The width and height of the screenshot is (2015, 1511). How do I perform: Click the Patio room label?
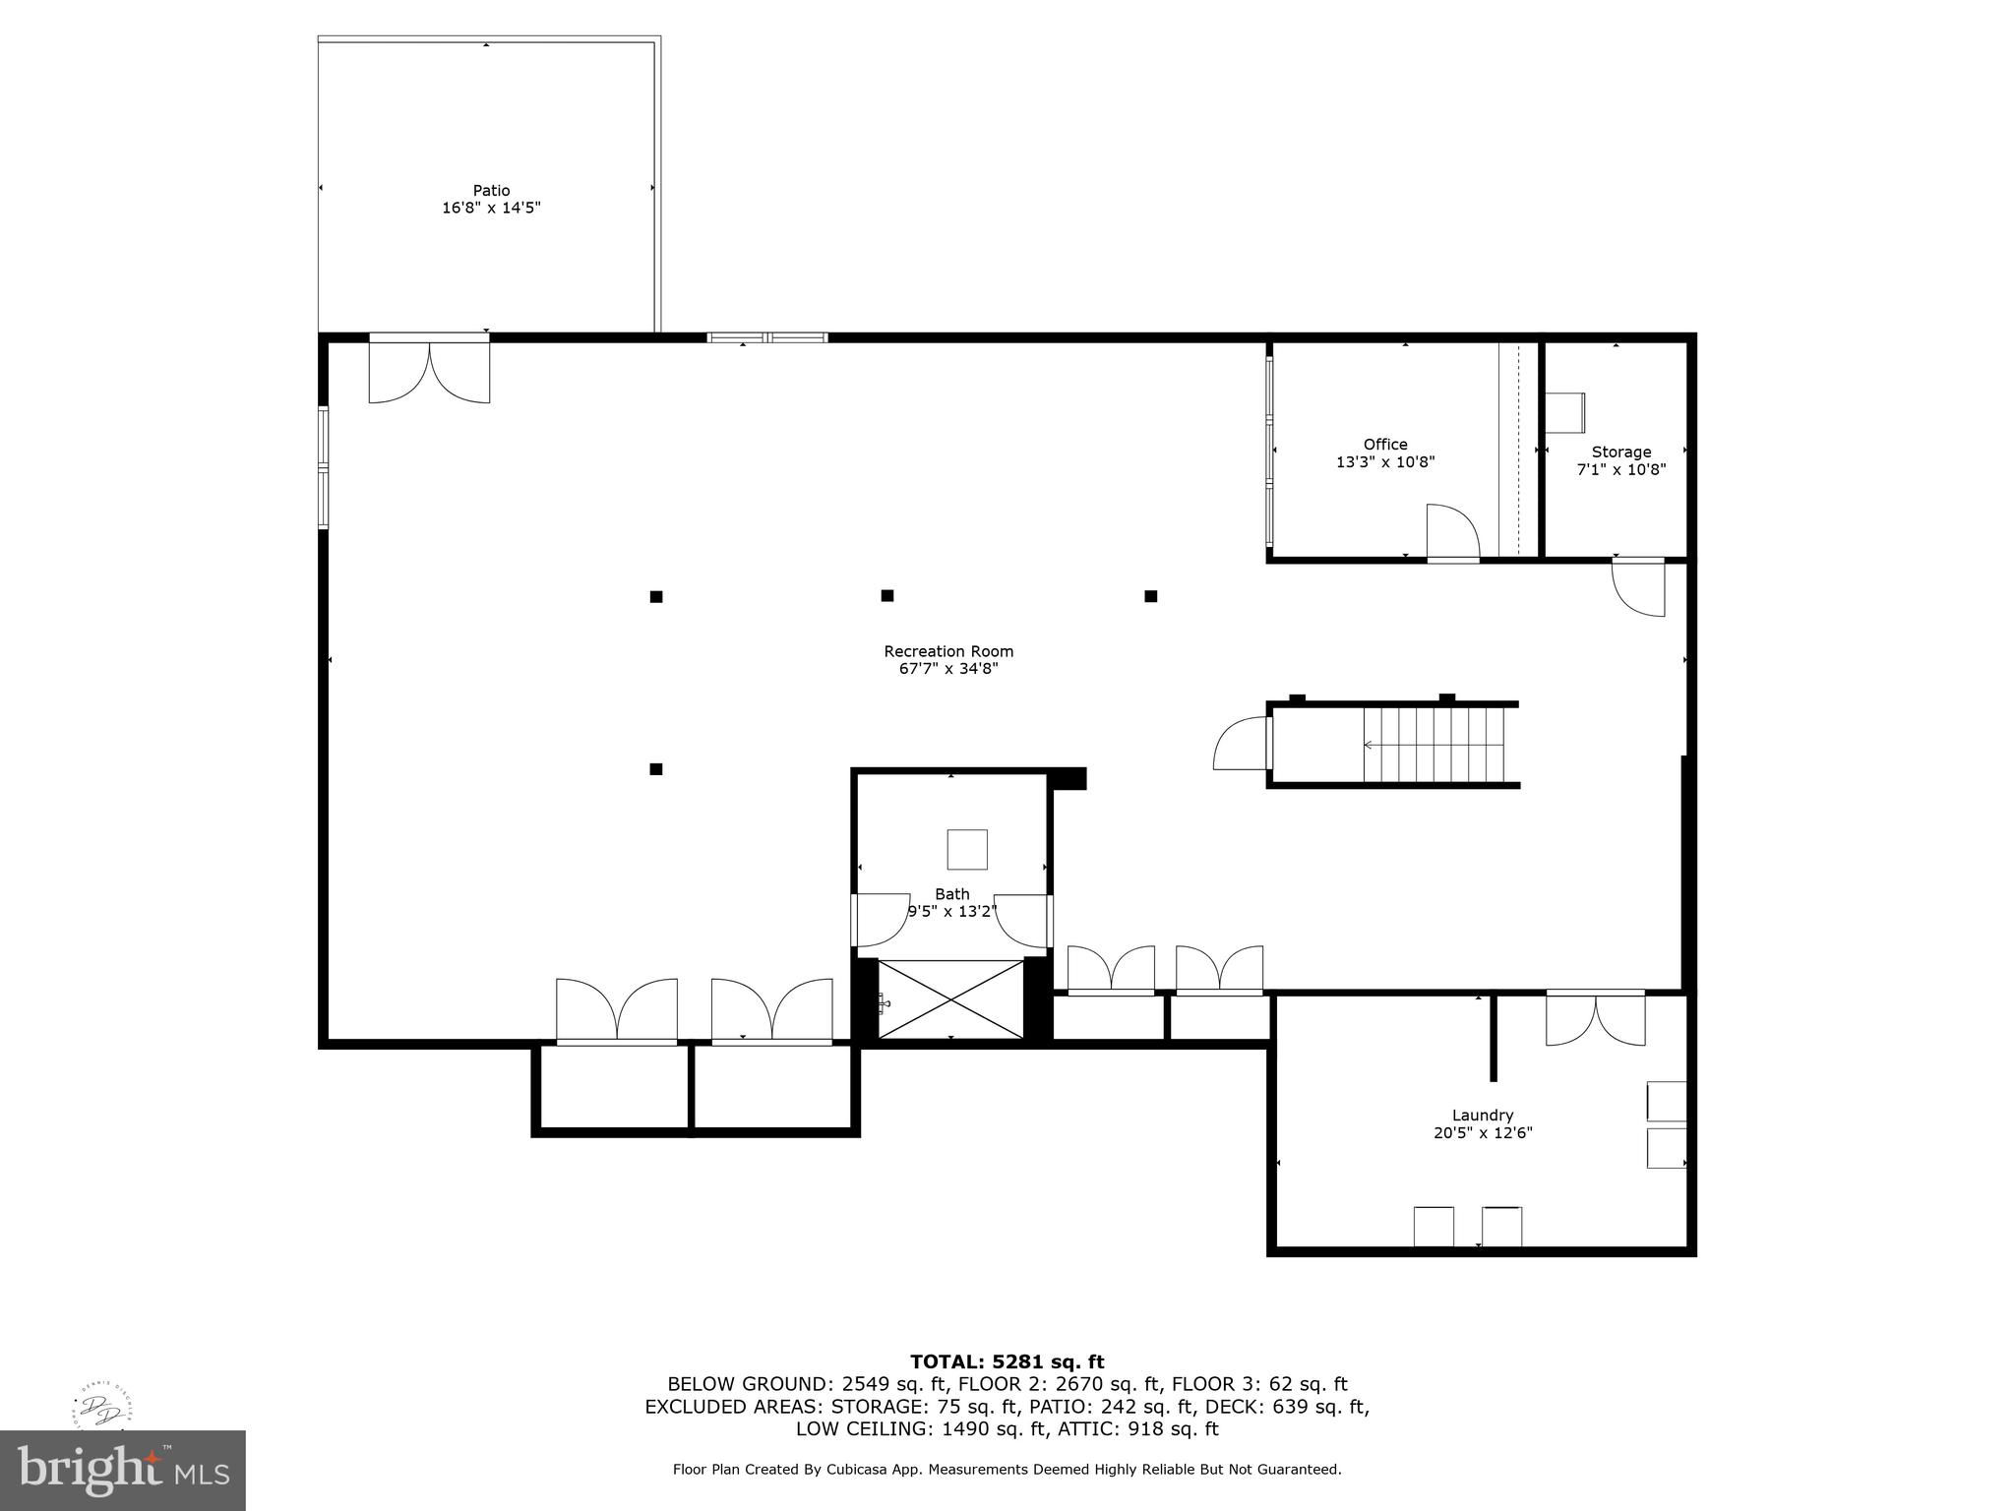point(491,191)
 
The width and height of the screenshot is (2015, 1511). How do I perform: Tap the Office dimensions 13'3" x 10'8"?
point(1385,462)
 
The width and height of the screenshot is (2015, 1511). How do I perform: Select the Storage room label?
point(1621,453)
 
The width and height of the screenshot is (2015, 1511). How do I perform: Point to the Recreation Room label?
point(948,651)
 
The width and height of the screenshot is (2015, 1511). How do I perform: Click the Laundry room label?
point(1483,1116)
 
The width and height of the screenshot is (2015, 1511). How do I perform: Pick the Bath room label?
point(951,894)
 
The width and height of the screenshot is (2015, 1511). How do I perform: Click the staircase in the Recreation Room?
point(1434,745)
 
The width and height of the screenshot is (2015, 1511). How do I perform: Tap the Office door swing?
point(1453,531)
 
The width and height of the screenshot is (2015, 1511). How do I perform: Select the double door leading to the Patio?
point(429,370)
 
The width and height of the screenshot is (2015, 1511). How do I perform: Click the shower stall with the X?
point(950,998)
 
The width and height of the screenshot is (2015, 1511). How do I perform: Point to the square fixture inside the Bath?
point(967,849)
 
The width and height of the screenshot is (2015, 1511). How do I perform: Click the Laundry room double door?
point(1595,1019)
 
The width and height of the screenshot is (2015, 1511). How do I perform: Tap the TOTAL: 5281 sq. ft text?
point(1007,1362)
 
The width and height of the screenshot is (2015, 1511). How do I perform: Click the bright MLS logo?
point(123,1471)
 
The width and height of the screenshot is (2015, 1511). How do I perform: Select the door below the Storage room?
point(1638,588)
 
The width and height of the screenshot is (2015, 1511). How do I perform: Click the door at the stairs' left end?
point(1244,744)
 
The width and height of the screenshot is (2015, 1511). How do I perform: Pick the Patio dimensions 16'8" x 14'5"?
point(491,209)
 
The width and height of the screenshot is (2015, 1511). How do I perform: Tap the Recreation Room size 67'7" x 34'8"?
point(948,669)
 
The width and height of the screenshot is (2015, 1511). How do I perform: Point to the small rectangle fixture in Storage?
point(1564,412)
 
